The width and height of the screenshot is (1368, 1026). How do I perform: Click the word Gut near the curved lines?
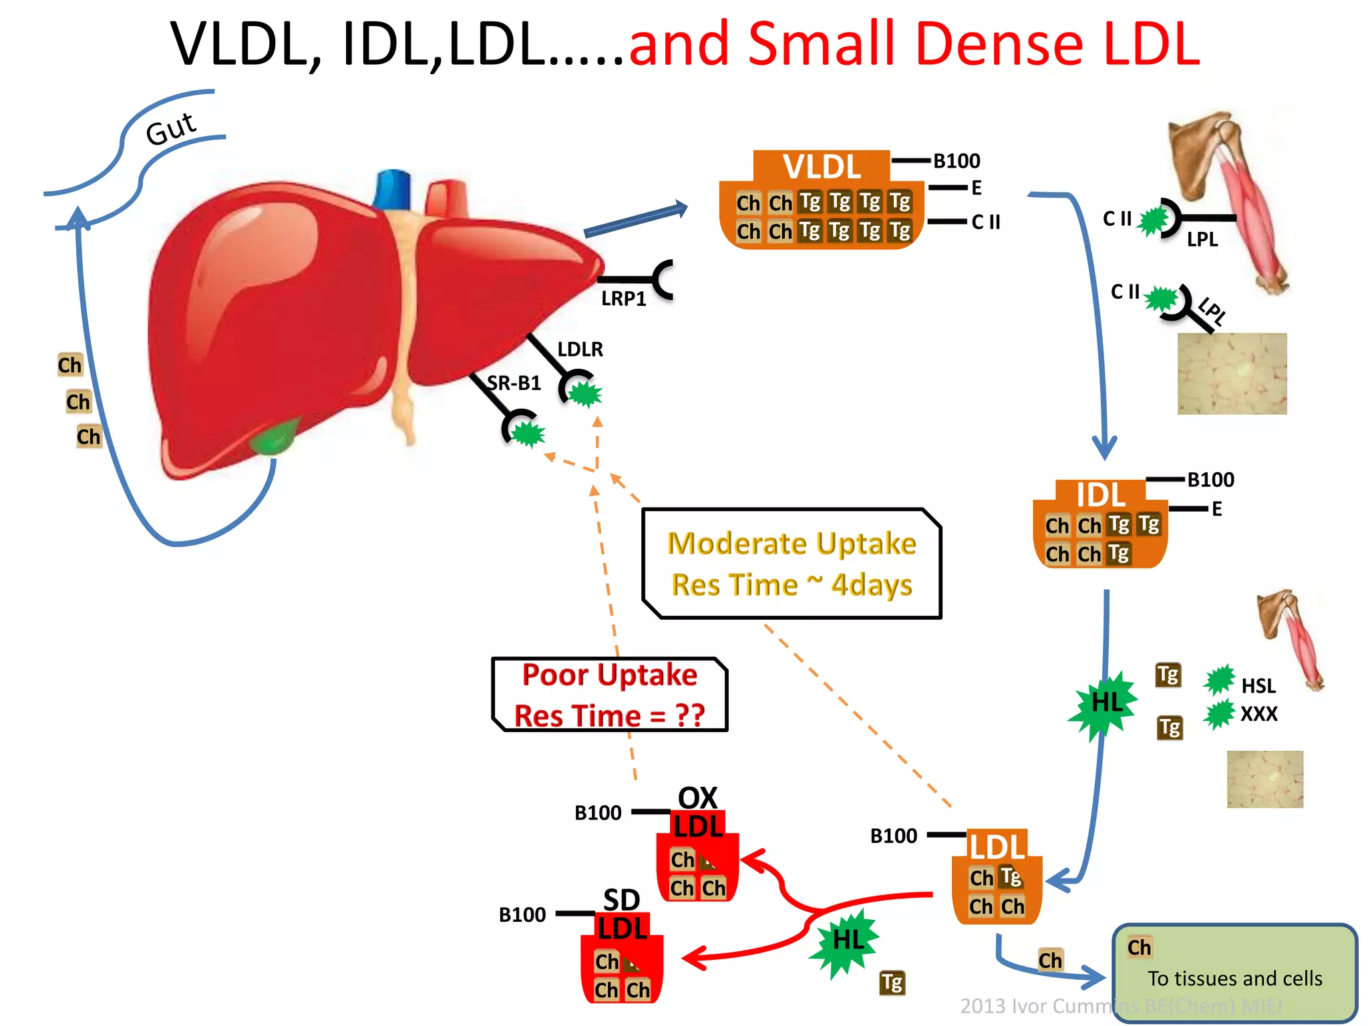tap(170, 128)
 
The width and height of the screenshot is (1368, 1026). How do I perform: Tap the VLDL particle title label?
tap(822, 166)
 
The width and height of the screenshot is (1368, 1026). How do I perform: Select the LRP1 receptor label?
tap(623, 299)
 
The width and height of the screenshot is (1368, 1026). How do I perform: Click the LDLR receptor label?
tap(580, 349)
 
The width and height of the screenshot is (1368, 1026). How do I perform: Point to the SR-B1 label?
tap(514, 383)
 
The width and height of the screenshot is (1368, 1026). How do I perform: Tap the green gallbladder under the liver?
tap(273, 438)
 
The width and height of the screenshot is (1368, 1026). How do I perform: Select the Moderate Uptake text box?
tap(792, 564)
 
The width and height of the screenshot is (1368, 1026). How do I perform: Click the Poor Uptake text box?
tap(609, 695)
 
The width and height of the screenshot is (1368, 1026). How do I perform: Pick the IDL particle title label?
tap(1100, 495)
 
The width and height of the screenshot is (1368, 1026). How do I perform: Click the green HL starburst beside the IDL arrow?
tap(1105, 703)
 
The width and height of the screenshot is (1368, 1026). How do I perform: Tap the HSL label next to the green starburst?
tap(1258, 686)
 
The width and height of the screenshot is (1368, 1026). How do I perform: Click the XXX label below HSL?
tap(1258, 714)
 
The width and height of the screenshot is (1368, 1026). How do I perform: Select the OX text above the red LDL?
tap(697, 798)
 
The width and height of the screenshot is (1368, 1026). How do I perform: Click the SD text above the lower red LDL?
tap(621, 900)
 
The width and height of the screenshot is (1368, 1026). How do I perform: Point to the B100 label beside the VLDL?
tap(956, 161)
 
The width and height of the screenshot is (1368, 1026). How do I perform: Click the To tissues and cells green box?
tap(1234, 972)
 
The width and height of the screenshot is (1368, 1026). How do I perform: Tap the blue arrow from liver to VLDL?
tap(635, 220)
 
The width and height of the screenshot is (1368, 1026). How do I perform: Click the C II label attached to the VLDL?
tap(985, 222)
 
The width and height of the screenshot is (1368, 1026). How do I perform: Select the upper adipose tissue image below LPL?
tap(1231, 373)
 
